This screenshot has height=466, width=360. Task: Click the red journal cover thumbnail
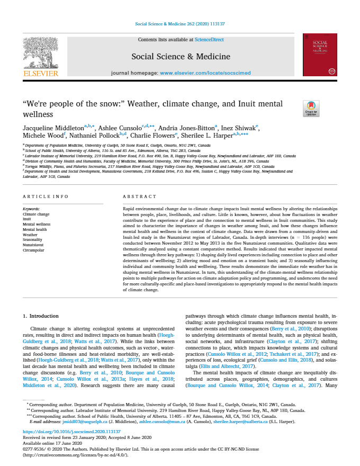click(x=319, y=56)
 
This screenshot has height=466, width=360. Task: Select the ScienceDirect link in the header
click(x=209, y=40)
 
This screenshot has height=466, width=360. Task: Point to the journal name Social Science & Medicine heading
click(x=181, y=56)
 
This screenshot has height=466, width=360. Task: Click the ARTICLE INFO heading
click(x=46, y=197)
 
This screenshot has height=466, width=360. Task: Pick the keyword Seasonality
click(x=33, y=239)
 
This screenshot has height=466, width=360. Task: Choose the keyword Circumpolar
click(x=33, y=249)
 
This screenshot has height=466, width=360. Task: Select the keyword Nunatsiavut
click(x=33, y=245)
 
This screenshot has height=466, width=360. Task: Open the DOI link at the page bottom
click(x=63, y=432)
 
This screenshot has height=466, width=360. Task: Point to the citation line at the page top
click(x=180, y=24)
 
